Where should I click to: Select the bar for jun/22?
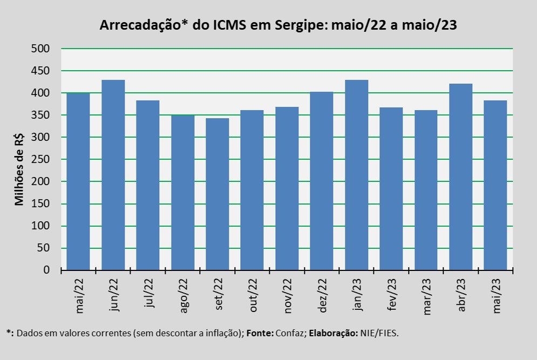(x=113, y=175)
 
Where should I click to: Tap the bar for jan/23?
(x=356, y=175)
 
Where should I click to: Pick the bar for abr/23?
(x=460, y=176)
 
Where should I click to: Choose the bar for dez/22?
(x=322, y=181)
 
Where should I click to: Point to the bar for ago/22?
(x=183, y=192)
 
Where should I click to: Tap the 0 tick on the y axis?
(x=46, y=270)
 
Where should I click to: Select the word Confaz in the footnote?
(x=290, y=333)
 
